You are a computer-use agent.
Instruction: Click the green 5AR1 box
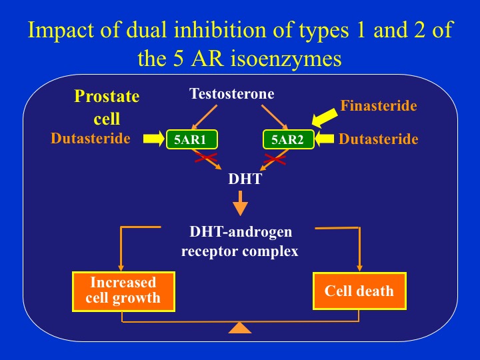[191, 139]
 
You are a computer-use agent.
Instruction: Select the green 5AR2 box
[288, 139]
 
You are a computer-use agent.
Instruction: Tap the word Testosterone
[231, 94]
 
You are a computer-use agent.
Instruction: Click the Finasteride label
[378, 105]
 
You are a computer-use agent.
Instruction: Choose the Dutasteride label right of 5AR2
[378, 139]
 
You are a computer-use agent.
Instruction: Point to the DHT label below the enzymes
[240, 179]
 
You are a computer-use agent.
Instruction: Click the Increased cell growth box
[123, 291]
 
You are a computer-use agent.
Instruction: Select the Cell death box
[359, 291]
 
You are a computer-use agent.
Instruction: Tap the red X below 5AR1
[206, 159]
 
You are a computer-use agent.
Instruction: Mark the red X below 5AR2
[275, 159]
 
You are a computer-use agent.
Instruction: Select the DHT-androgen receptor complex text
[240, 242]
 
